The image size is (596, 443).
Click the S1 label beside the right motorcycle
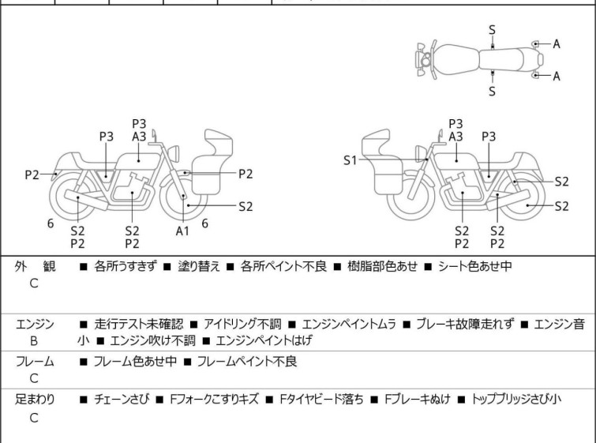pyautogui.click(x=350, y=160)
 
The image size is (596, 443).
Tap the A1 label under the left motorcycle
pyautogui.click(x=183, y=231)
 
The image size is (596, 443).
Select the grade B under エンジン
pyautogui.click(x=34, y=341)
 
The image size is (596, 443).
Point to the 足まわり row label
pyautogui.click(x=36, y=400)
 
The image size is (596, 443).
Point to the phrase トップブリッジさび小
pyautogui.click(x=516, y=400)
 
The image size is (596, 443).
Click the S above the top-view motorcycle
pyautogui.click(x=493, y=29)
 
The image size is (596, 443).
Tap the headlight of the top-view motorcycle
pyautogui.click(x=425, y=60)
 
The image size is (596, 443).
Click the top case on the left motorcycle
pyautogui.click(x=219, y=143)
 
